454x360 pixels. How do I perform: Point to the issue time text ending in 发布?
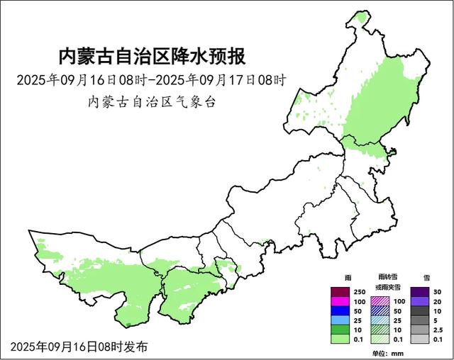(x=79, y=347)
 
